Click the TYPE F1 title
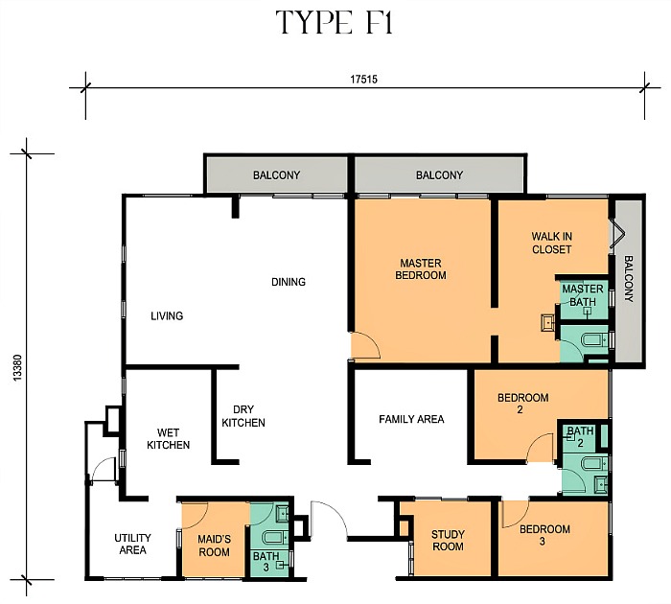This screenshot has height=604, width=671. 335,22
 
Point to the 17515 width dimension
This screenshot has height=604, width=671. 363,80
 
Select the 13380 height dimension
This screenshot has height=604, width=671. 17,367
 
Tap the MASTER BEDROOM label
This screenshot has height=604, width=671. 421,268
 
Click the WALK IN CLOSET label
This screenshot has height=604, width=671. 551,243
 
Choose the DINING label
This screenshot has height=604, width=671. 289,282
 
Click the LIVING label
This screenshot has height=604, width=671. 167,316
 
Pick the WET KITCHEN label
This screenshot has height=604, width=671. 168,439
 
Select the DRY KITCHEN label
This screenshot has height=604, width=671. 243,416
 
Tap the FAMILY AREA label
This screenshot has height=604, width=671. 411,419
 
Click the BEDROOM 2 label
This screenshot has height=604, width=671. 523,404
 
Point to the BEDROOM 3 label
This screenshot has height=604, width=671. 544,535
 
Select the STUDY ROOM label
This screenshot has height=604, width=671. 448,540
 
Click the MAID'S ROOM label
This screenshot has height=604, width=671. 214,546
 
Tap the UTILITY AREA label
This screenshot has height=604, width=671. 132,544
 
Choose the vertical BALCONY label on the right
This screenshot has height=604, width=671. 628,279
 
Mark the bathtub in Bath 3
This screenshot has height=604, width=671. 272,538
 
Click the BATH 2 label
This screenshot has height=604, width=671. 580,436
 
